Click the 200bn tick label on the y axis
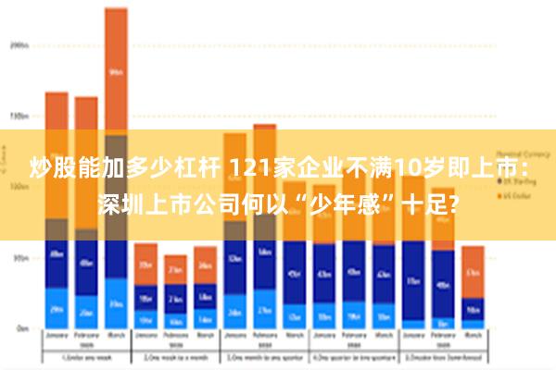pos(19,43)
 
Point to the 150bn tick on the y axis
pos(19,116)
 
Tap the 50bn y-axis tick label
pos(19,258)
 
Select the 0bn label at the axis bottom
pos(20,328)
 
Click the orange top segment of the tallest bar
pos(116,70)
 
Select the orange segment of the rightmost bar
pos(473,271)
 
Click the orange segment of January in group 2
pos(145,264)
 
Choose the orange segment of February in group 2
pos(175,269)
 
